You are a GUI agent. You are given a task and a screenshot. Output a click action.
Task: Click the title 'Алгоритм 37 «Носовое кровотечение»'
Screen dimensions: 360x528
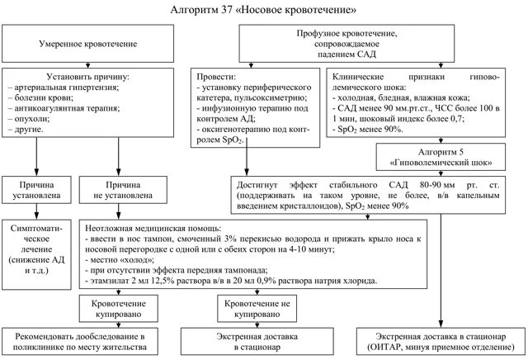(x=263, y=10)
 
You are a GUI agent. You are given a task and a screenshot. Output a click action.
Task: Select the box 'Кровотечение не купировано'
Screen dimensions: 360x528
(x=257, y=309)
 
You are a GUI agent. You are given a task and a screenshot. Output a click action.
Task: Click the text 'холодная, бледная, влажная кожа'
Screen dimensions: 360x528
(x=395, y=97)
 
